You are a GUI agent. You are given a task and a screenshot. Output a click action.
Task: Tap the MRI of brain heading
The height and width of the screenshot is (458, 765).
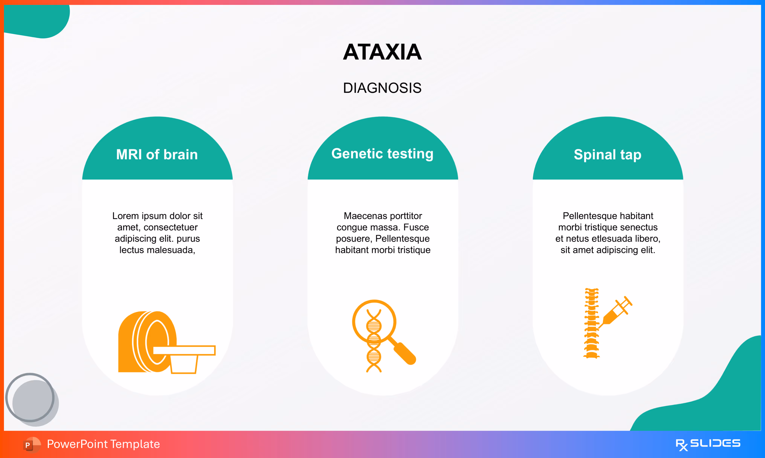(157, 154)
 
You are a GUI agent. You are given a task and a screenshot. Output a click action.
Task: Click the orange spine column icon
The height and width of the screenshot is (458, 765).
(591, 323)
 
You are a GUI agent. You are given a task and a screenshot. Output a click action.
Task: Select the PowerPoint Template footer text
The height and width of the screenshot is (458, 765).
(103, 444)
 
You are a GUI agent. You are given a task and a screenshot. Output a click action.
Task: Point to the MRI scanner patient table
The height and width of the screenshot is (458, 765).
(184, 350)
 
